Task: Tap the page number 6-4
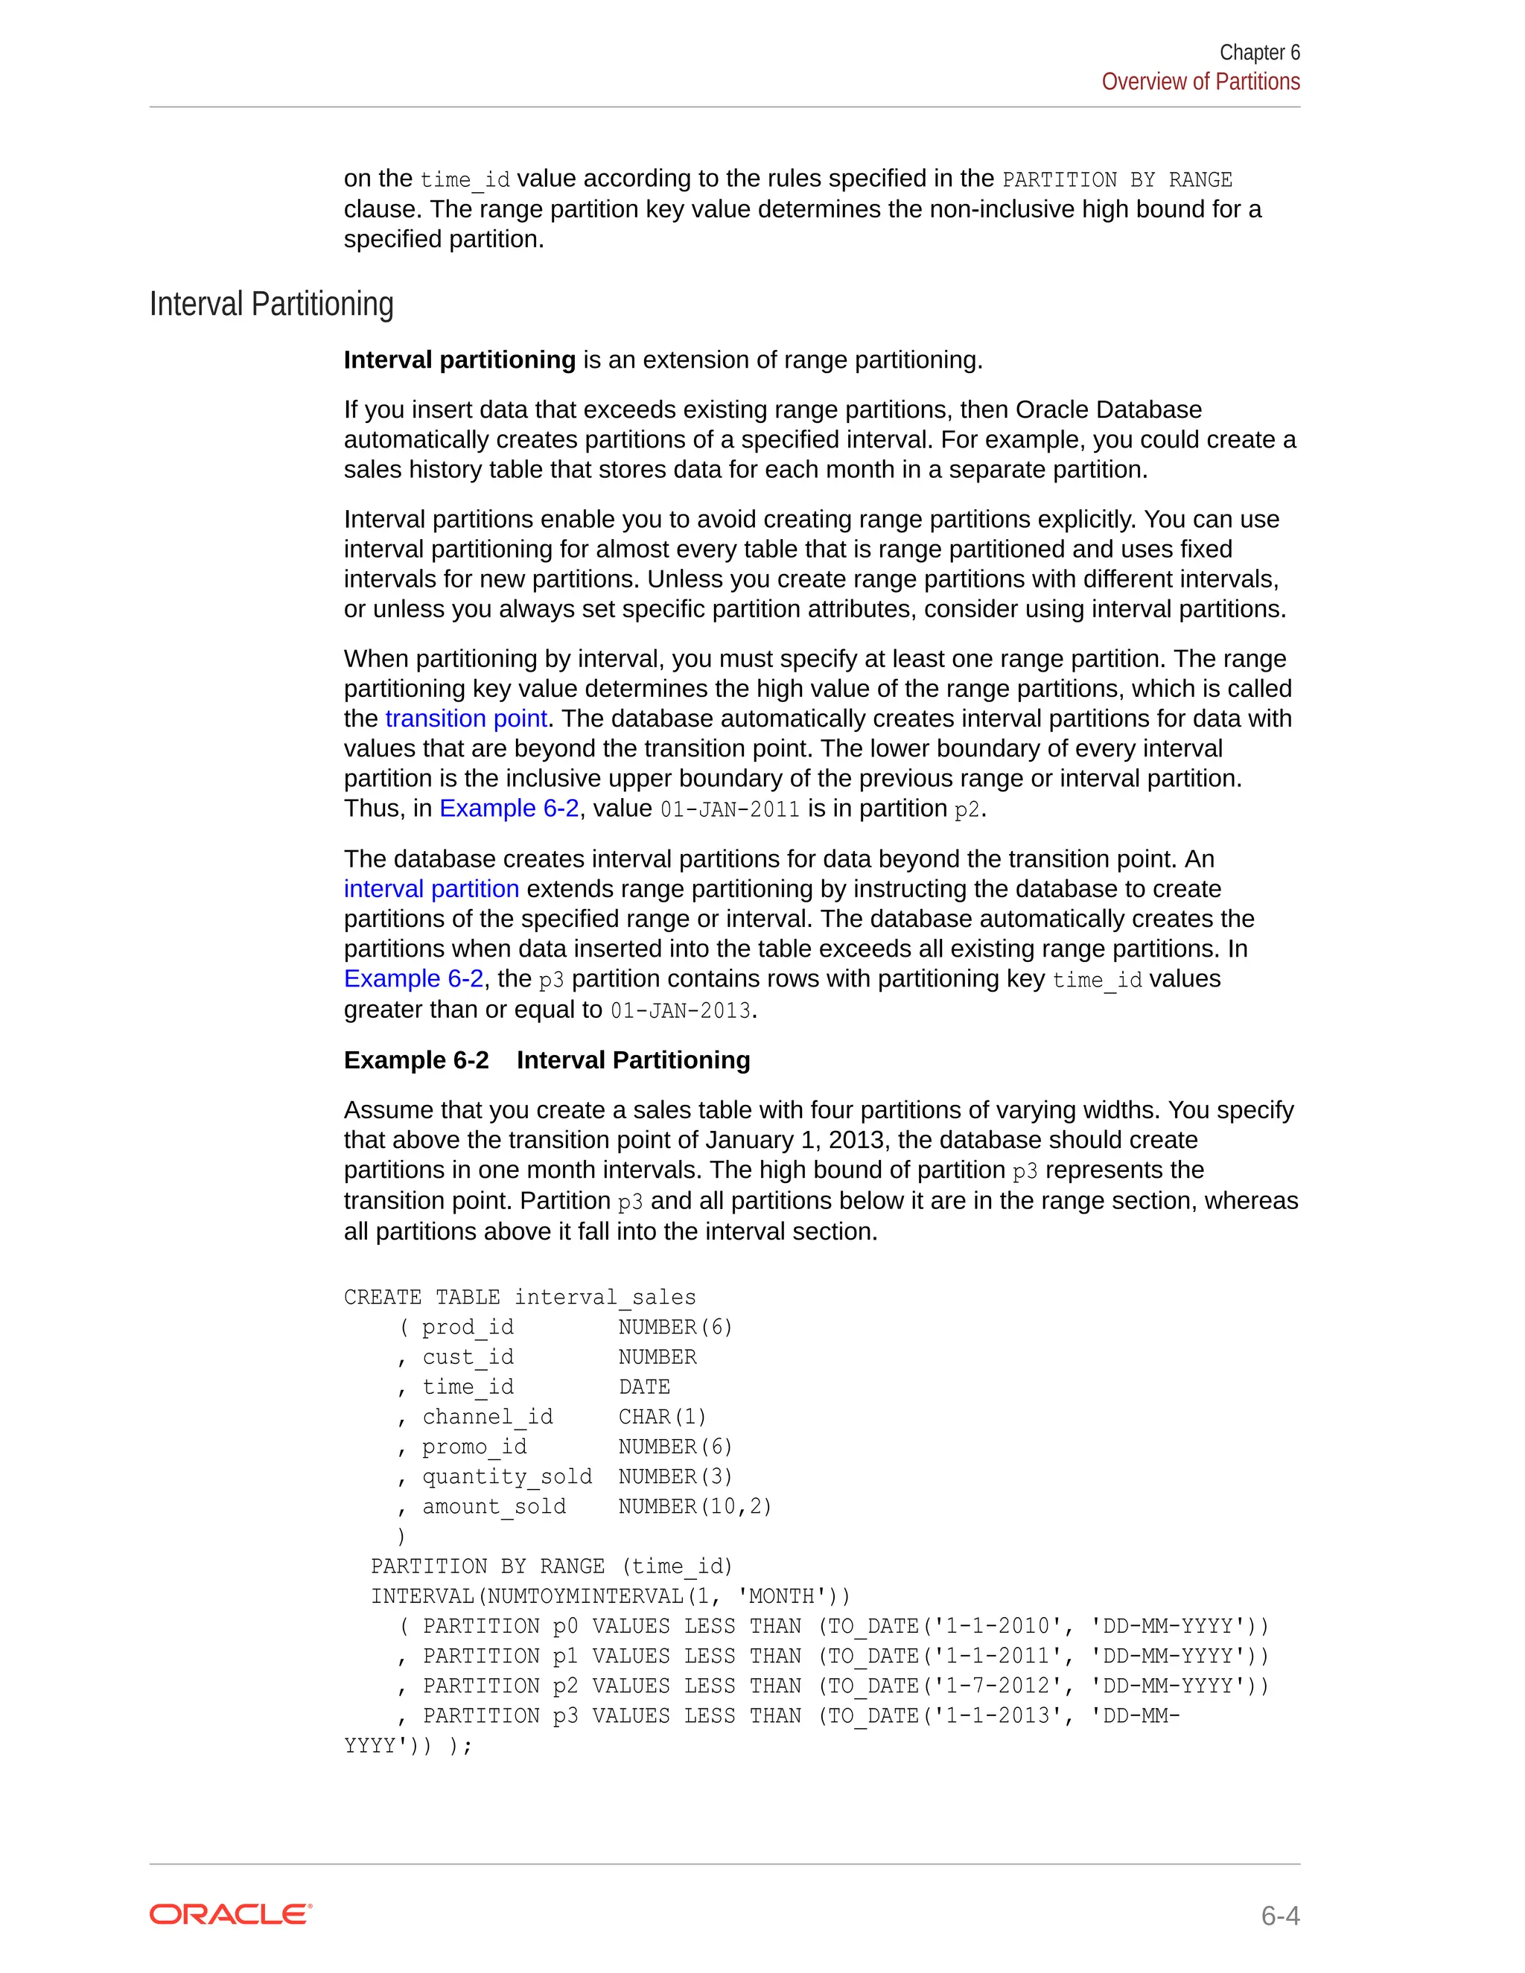point(1279,1915)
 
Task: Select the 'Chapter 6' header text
point(1258,52)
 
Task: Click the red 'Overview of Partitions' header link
point(1200,81)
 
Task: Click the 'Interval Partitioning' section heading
point(271,305)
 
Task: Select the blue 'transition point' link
point(465,718)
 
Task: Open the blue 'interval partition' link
point(431,889)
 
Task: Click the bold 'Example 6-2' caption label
point(416,1059)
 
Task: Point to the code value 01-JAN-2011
point(730,809)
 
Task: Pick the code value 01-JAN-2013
point(681,1011)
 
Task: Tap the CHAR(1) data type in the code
point(662,1417)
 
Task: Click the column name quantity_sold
point(507,1476)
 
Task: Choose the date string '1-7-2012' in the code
point(997,1686)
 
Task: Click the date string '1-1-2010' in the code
point(997,1626)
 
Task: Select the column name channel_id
point(487,1417)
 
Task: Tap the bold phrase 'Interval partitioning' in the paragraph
point(459,360)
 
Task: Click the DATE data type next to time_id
point(644,1387)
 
